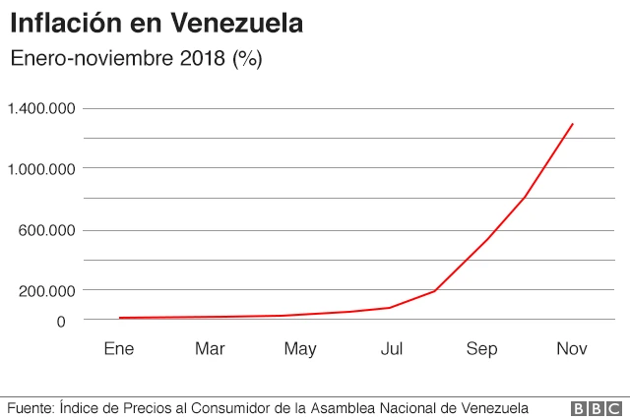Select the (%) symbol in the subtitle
point(246,58)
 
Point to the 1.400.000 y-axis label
point(40,108)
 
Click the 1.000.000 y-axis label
point(40,169)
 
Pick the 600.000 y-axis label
point(46,230)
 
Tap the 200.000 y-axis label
point(46,291)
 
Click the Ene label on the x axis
point(118,348)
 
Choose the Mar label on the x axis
point(210,348)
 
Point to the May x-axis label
point(300,348)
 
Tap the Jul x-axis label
point(392,348)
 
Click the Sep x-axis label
point(482,348)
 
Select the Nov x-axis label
point(572,348)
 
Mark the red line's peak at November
point(572,124)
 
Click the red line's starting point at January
point(119,318)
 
